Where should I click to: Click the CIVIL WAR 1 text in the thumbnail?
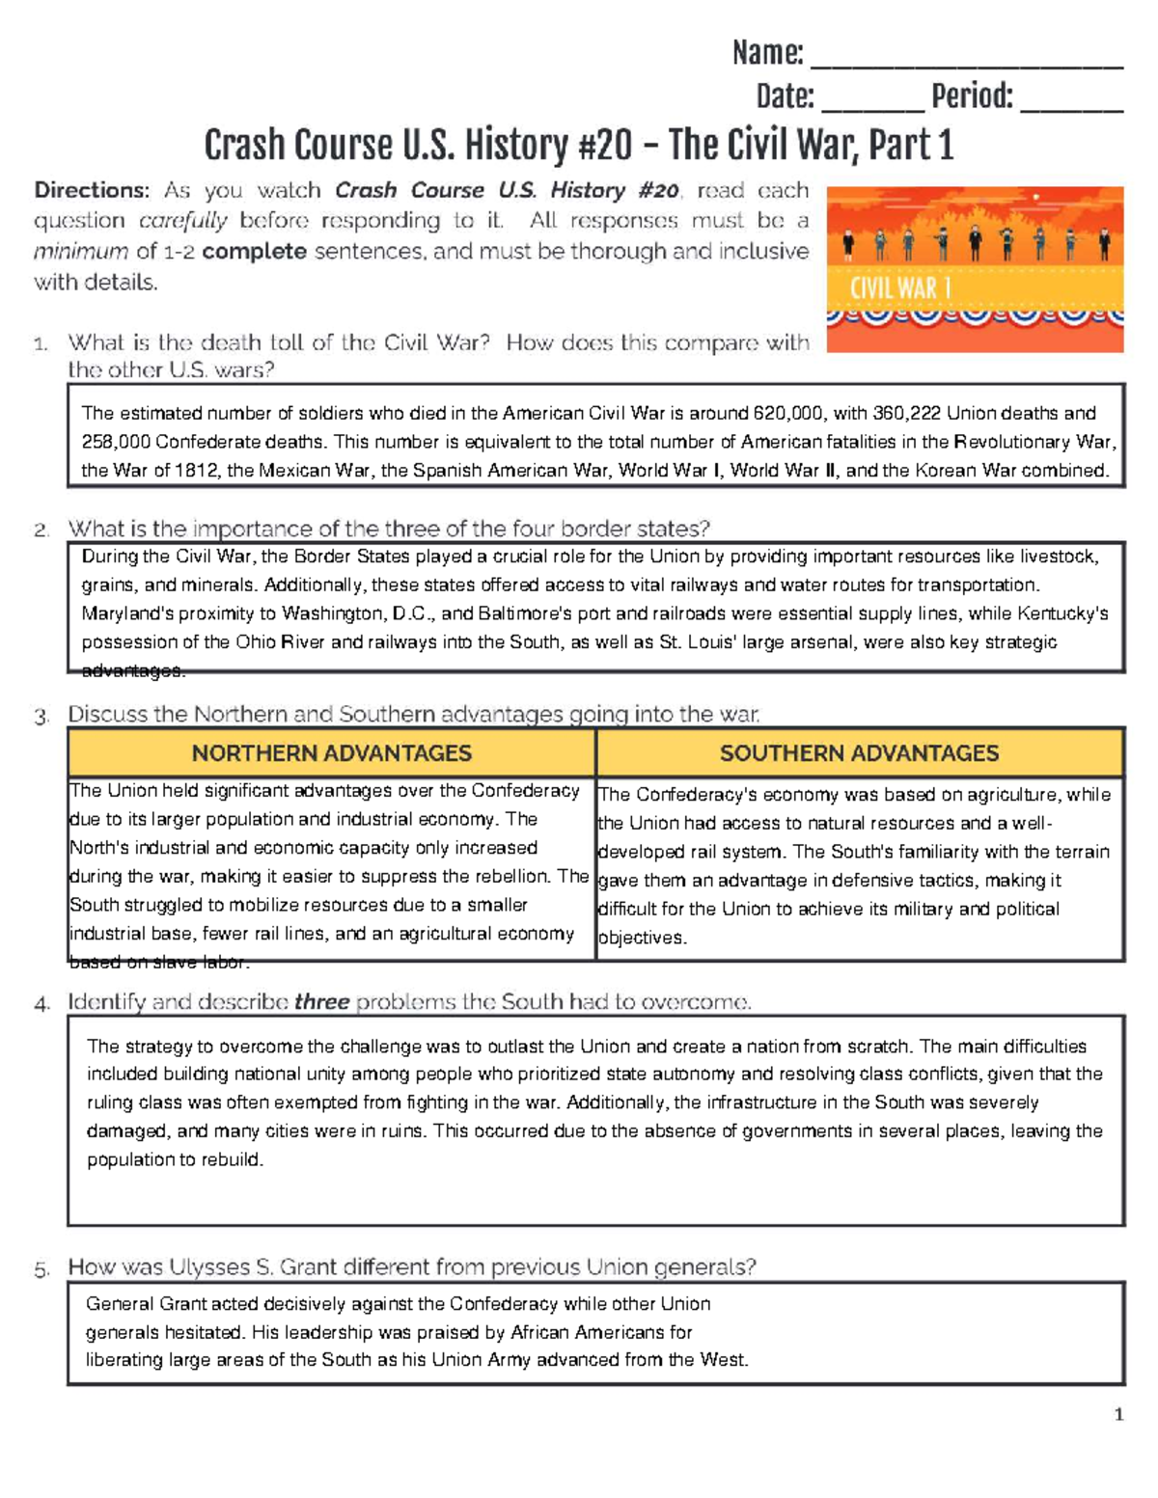click(x=900, y=288)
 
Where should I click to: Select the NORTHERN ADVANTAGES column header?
click(x=331, y=753)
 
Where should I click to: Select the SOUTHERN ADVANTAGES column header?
click(x=859, y=753)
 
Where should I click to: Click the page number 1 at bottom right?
click(x=1118, y=1415)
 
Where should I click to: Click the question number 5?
click(x=41, y=1270)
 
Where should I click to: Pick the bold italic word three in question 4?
click(x=321, y=1002)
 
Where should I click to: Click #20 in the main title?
click(x=605, y=146)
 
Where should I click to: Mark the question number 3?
click(x=41, y=717)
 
